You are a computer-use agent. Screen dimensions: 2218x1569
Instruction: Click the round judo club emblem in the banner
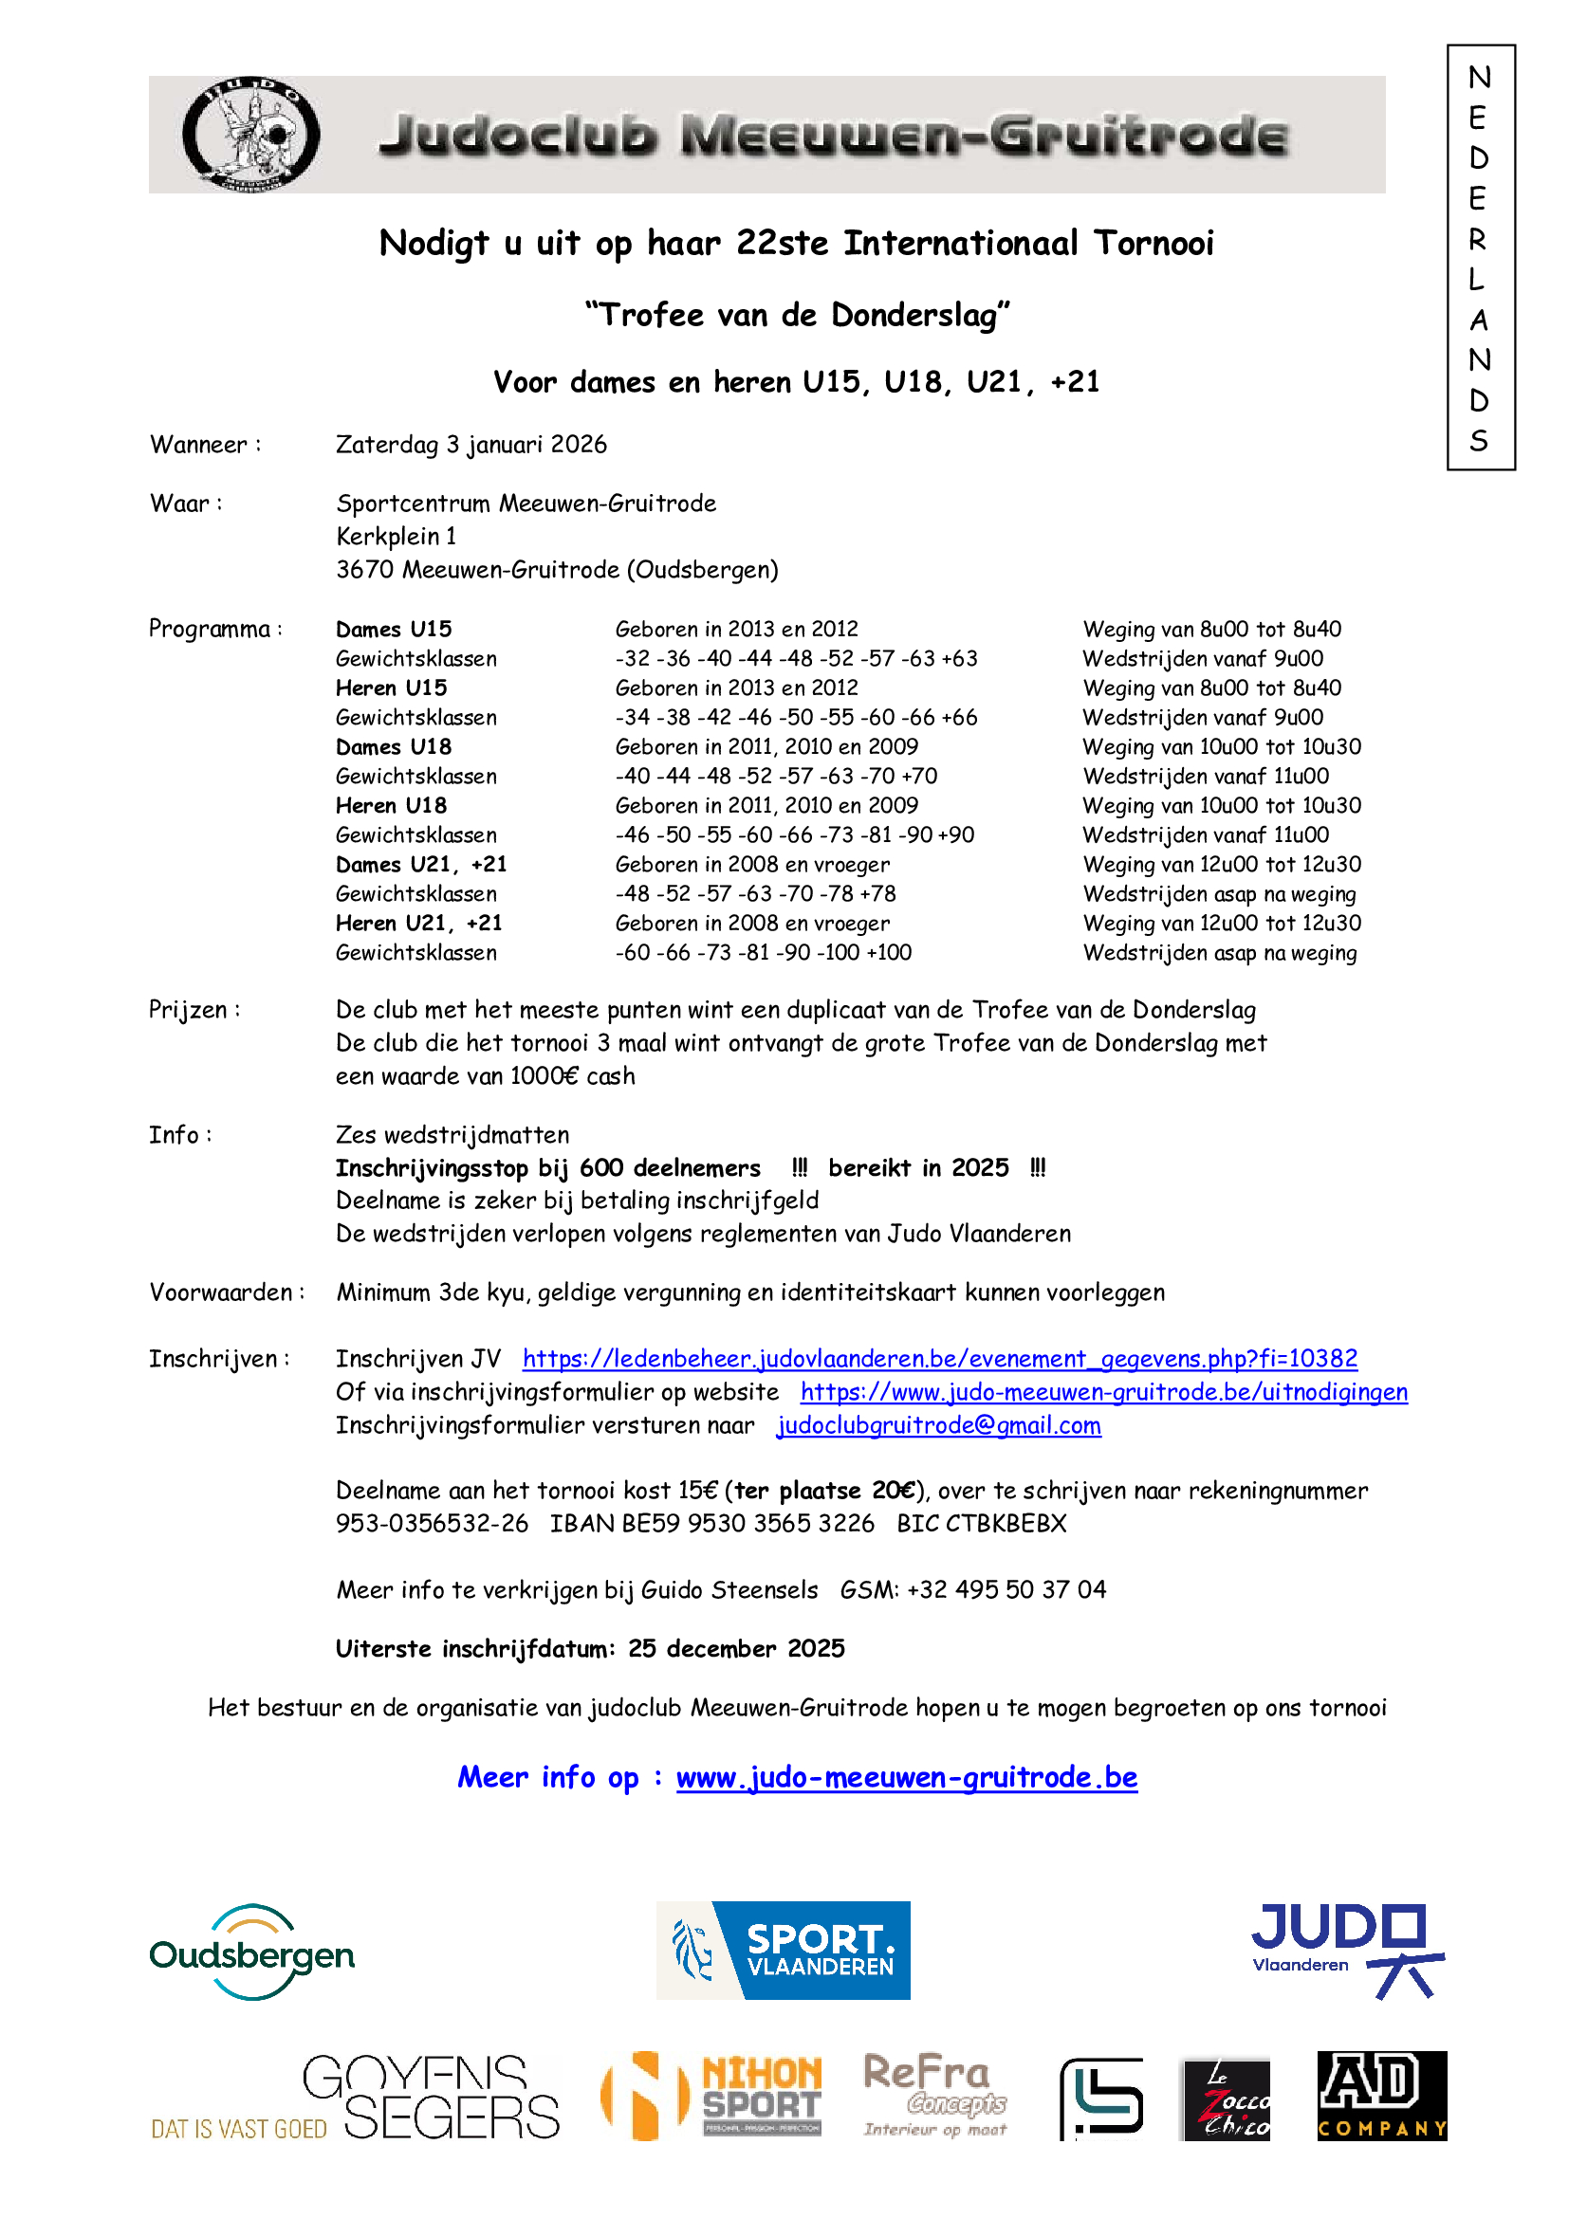251,135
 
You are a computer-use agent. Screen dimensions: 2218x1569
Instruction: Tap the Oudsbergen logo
252,1953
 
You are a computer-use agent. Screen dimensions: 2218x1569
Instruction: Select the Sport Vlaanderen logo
783,1951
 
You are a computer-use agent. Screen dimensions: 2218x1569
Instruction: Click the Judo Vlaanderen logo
1347,1950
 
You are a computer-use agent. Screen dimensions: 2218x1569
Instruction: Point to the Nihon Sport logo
712,2097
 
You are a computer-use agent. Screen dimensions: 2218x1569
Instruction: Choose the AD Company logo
1381,2097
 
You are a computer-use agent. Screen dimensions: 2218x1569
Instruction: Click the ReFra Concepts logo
935,2095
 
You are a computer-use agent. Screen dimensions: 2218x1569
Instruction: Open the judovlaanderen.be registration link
939,1359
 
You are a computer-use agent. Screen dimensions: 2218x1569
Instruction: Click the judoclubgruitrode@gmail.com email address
938,1426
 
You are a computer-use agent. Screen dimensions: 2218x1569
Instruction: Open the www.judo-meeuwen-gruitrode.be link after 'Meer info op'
906,1777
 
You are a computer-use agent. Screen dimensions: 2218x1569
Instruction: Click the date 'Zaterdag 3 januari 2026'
471,445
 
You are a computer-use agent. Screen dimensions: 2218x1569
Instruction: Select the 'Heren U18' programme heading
391,806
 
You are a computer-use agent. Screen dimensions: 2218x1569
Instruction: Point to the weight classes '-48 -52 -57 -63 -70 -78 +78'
755,893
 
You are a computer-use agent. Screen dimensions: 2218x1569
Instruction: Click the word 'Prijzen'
189,1010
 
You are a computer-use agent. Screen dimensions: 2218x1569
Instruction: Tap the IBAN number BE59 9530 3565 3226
748,1524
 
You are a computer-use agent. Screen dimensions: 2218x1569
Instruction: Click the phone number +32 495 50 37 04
1006,1590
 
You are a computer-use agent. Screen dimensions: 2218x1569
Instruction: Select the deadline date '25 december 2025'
736,1649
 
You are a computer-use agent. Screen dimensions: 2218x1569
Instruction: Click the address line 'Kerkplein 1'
397,536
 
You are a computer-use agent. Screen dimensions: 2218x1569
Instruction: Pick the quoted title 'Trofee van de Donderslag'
797,315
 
